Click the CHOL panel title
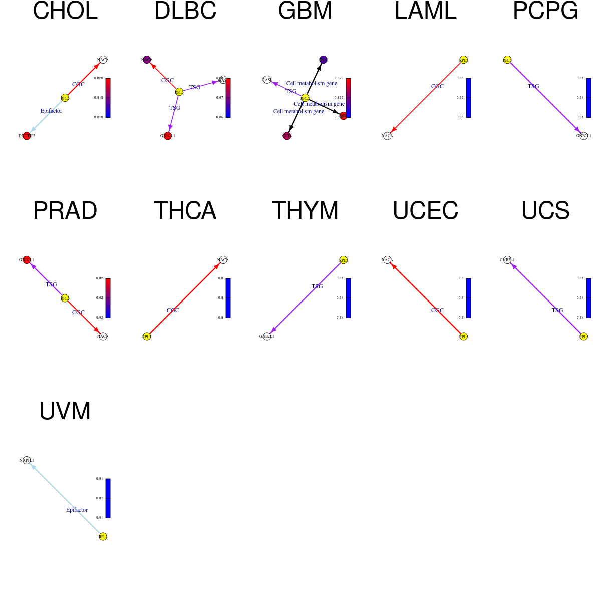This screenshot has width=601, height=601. pyautogui.click(x=65, y=11)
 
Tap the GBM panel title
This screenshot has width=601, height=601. pyautogui.click(x=305, y=11)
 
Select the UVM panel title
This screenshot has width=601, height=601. pyautogui.click(x=65, y=411)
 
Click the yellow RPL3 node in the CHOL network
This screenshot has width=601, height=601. pyautogui.click(x=65, y=98)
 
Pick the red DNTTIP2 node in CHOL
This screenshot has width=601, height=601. pyautogui.click(x=27, y=136)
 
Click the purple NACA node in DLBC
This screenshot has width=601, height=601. pyautogui.click(x=147, y=60)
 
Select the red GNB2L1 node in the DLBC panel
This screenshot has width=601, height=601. pyautogui.click(x=168, y=136)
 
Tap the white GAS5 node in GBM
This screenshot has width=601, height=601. pyautogui.click(x=267, y=80)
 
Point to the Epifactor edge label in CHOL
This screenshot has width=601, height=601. pyautogui.click(x=51, y=111)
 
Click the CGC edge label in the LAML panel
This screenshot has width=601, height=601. pyautogui.click(x=437, y=86)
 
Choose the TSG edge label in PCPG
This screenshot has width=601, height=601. pyautogui.click(x=533, y=86)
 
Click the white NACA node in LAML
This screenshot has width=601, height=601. pyautogui.click(x=387, y=136)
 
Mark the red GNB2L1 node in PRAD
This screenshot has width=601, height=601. pyautogui.click(x=27, y=260)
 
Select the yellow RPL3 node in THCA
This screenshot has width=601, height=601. pyautogui.click(x=147, y=336)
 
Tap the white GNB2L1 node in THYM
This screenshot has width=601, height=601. pyautogui.click(x=267, y=336)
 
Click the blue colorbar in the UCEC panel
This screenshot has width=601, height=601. pyautogui.click(x=468, y=298)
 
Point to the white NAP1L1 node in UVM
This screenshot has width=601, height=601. pyautogui.click(x=27, y=460)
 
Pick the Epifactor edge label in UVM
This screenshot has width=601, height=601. pyautogui.click(x=77, y=510)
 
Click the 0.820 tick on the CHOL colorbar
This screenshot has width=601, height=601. pyautogui.click(x=99, y=78)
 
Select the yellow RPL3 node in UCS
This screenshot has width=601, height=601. pyautogui.click(x=583, y=336)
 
